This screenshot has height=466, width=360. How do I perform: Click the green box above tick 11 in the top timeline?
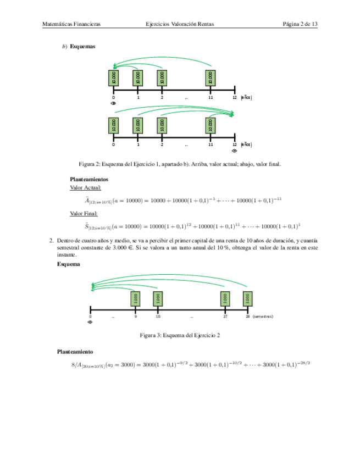tap(211, 77)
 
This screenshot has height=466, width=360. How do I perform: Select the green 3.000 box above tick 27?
tap(224, 298)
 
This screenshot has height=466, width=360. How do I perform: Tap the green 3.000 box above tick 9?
tap(135, 298)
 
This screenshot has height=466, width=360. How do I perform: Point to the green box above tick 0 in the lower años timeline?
tap(114, 125)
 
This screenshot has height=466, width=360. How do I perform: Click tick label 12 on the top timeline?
tap(235, 97)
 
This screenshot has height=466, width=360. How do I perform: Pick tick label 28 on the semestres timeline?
tap(248, 317)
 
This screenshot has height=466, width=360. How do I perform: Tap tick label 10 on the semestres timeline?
tap(158, 317)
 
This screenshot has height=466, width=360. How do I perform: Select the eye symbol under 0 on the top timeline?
tap(113, 103)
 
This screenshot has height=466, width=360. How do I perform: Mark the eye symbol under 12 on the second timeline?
tap(235, 150)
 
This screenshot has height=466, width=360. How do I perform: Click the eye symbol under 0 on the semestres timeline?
tap(91, 323)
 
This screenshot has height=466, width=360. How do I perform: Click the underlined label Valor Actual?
tap(86, 187)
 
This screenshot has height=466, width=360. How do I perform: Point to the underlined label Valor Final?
tap(84, 213)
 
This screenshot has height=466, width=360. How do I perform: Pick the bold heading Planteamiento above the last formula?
tap(75, 351)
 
